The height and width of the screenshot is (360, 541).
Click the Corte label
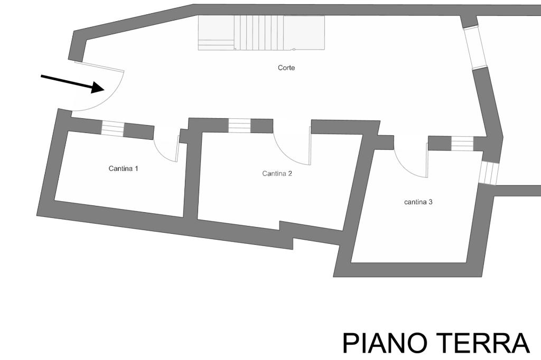pos(286,68)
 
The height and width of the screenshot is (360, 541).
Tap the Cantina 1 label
pos(123,169)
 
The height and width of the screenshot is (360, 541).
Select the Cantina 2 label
pos(277,173)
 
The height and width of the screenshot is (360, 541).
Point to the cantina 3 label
pos(418,202)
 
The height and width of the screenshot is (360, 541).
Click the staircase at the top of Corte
pos(261,32)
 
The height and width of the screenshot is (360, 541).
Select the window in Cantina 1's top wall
pos(112,128)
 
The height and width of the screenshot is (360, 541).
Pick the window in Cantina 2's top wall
pos(239,126)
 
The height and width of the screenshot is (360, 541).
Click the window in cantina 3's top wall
pos(462,144)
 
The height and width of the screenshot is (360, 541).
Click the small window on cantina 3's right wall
pos(489,173)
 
